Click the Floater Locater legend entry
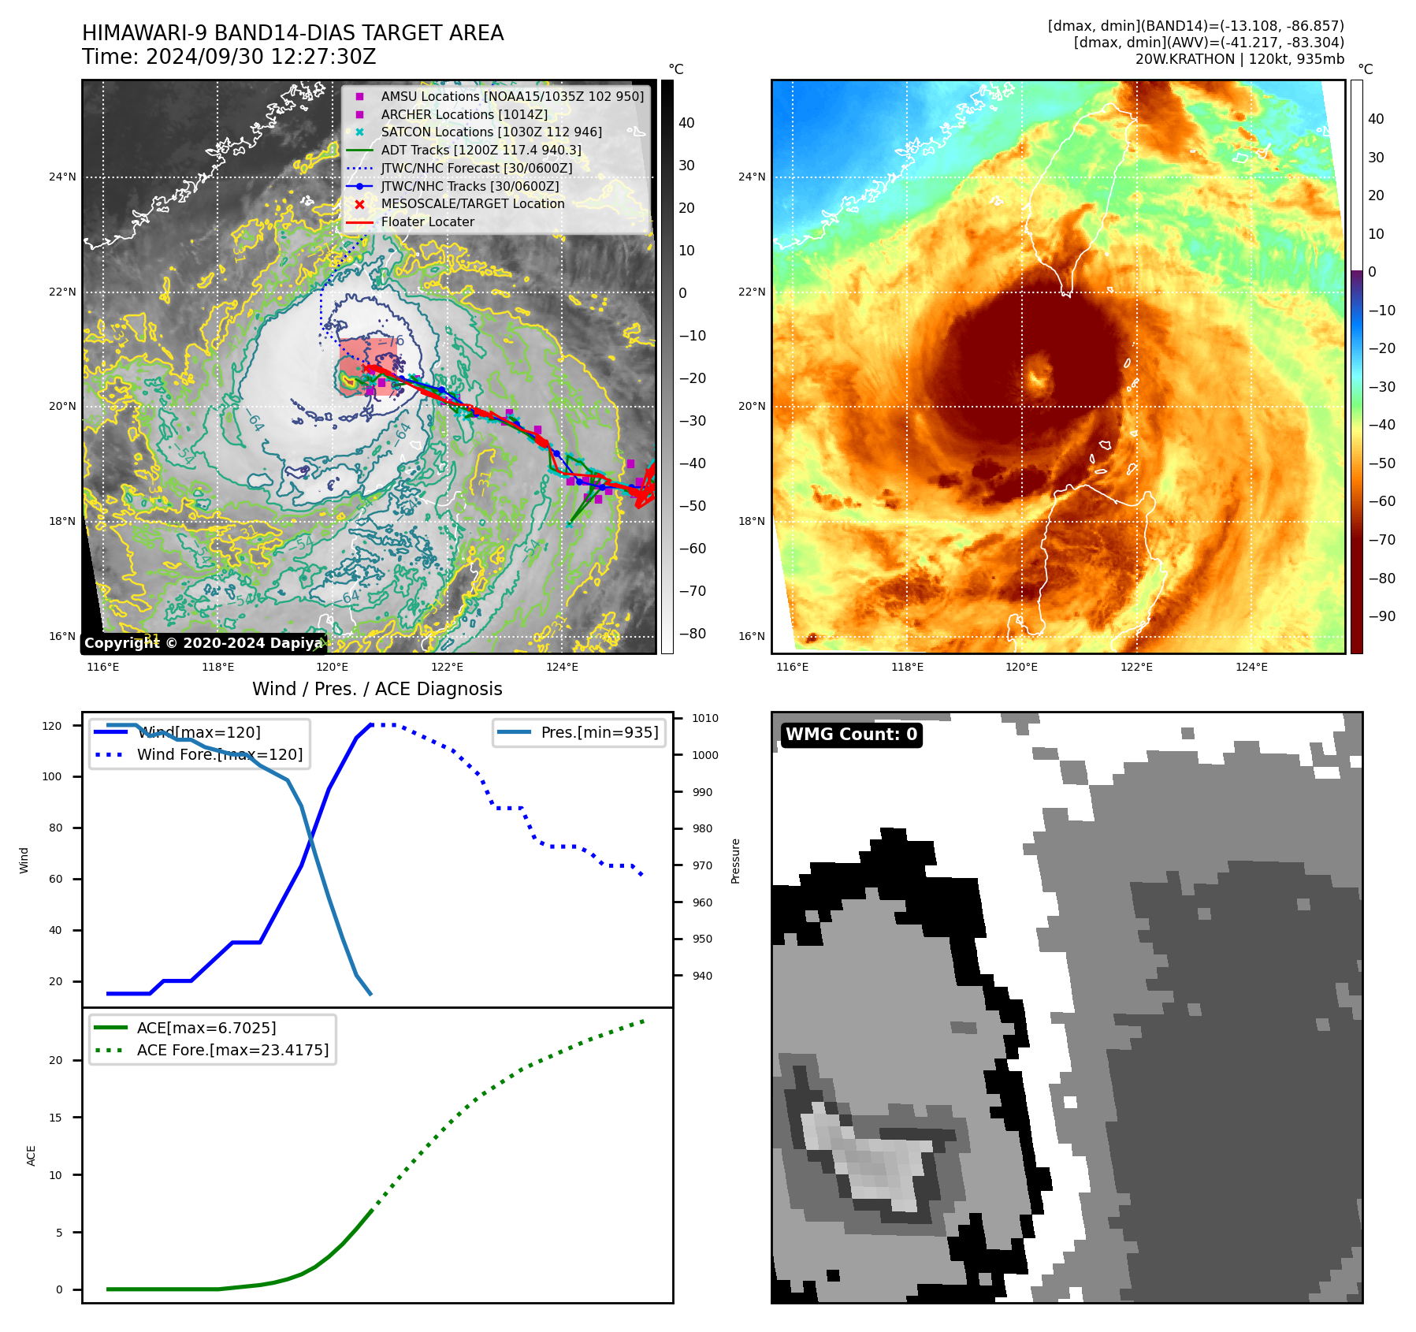(427, 222)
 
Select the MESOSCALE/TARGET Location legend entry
(472, 204)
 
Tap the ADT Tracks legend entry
(481, 150)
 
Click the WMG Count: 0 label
(851, 735)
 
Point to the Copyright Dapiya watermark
(203, 643)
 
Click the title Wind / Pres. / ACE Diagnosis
(377, 689)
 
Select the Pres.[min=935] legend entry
(599, 732)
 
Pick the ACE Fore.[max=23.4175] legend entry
(232, 1050)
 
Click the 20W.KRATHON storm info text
(1239, 59)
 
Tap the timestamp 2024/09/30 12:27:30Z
(261, 57)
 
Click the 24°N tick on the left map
(62, 177)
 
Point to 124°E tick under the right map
(1251, 668)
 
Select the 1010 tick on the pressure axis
(704, 718)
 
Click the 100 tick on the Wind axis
(51, 776)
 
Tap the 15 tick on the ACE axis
(55, 1118)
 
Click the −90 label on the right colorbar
(1381, 616)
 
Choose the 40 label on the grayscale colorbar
(686, 123)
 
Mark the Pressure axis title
(735, 861)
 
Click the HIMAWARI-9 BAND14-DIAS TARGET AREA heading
(292, 33)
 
